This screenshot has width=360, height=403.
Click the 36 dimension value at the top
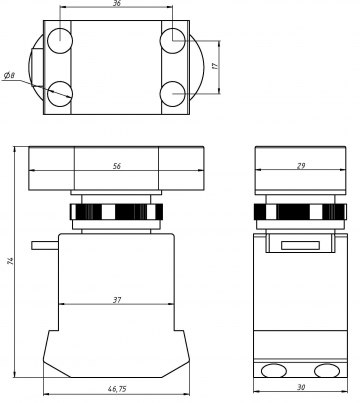pos(117,3)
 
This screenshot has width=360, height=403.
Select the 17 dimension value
pos(216,66)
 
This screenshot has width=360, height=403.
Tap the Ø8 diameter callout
pos(9,76)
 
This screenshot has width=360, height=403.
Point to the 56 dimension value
pos(117,166)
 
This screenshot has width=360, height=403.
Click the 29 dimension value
pos(301,165)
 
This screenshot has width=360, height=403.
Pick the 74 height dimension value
pos(10,260)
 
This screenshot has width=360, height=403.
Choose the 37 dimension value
pos(117,300)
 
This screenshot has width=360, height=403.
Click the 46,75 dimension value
pos(117,389)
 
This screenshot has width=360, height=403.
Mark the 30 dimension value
pos(301,387)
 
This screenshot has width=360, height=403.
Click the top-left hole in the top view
pos(60,41)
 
